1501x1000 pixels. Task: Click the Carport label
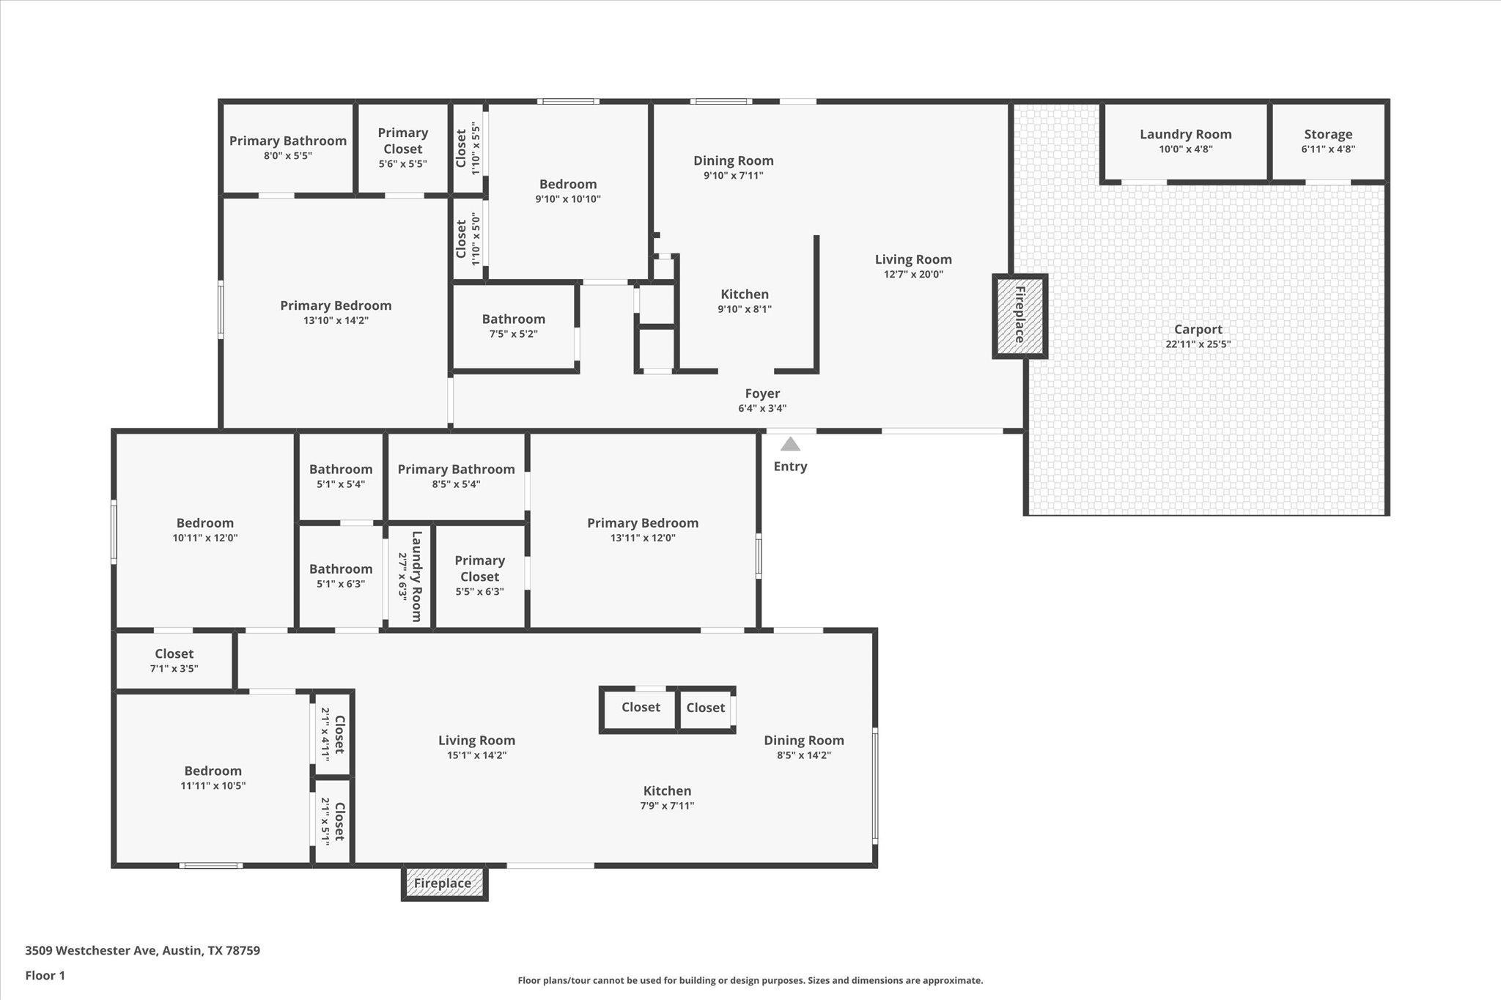click(x=1198, y=330)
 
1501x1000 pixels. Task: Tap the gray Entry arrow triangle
click(x=789, y=444)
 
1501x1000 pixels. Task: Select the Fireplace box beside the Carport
click(x=1019, y=316)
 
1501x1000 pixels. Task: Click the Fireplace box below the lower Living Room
click(x=443, y=883)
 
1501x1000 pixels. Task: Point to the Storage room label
click(x=1327, y=134)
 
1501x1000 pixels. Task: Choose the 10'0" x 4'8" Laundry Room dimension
click(x=1185, y=149)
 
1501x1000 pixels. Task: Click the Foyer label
click(x=762, y=393)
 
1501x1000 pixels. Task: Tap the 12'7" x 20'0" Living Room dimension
click(x=913, y=275)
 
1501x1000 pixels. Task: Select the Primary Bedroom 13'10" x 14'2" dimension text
click(x=336, y=321)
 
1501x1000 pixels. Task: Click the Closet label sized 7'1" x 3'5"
click(x=174, y=653)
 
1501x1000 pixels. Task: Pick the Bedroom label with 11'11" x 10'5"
click(x=213, y=771)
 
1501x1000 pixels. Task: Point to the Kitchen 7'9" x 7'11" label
click(x=667, y=791)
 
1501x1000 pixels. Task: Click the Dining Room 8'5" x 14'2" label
click(x=803, y=741)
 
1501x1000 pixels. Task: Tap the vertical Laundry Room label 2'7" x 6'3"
click(x=416, y=577)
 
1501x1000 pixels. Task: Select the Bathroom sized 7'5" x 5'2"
click(x=513, y=319)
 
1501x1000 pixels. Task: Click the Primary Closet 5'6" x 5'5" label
click(x=402, y=141)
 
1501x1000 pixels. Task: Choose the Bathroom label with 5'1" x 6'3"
click(x=340, y=569)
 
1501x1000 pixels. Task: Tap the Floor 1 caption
click(x=45, y=976)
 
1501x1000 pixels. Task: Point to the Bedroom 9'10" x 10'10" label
click(x=567, y=185)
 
